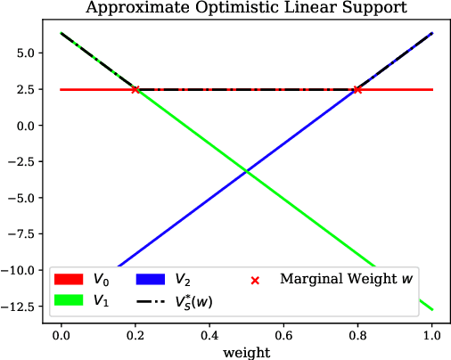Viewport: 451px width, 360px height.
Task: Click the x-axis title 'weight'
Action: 246,352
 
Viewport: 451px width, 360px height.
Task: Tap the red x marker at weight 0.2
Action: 135,89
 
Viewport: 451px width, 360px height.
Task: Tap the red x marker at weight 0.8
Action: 357,89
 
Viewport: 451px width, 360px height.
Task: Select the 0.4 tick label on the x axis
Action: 209,334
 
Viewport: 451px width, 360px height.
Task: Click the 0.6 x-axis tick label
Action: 283,334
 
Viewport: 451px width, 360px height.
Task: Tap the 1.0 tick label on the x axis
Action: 432,334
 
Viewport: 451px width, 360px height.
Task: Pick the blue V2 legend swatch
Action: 150,280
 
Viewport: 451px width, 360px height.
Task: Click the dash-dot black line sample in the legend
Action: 150,300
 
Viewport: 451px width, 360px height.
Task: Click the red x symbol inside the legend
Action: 255,280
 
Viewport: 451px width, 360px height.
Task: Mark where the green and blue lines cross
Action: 246,171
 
